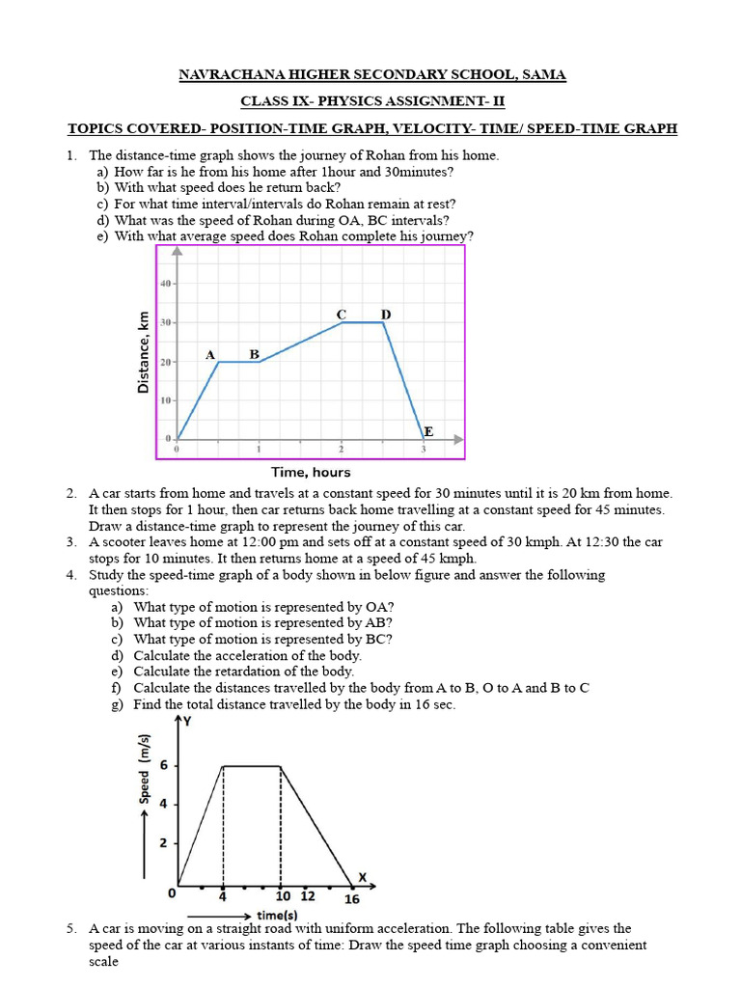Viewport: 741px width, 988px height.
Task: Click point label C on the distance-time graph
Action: pos(341,315)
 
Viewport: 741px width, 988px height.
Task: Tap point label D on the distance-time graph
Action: pos(386,315)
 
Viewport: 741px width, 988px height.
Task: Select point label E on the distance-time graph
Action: pos(428,432)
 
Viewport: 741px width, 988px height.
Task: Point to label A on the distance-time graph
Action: pos(209,355)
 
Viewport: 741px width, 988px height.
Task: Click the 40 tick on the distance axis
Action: pos(165,284)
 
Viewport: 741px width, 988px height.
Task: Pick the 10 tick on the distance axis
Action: pos(165,399)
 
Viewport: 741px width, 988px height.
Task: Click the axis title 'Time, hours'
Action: pos(311,472)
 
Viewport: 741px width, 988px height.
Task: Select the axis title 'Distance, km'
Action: pos(144,351)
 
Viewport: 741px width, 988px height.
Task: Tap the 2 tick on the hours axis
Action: pos(341,451)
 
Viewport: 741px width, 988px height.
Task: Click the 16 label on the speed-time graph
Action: pos(352,898)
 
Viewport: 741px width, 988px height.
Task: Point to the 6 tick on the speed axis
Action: pos(163,765)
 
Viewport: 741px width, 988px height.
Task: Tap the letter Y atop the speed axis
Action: pos(187,720)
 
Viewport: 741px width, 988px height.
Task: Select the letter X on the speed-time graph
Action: pos(363,877)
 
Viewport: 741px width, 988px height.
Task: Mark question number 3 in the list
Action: pos(71,542)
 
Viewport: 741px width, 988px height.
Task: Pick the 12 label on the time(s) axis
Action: pos(308,896)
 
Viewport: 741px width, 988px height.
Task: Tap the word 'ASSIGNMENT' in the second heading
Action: pos(418,101)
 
